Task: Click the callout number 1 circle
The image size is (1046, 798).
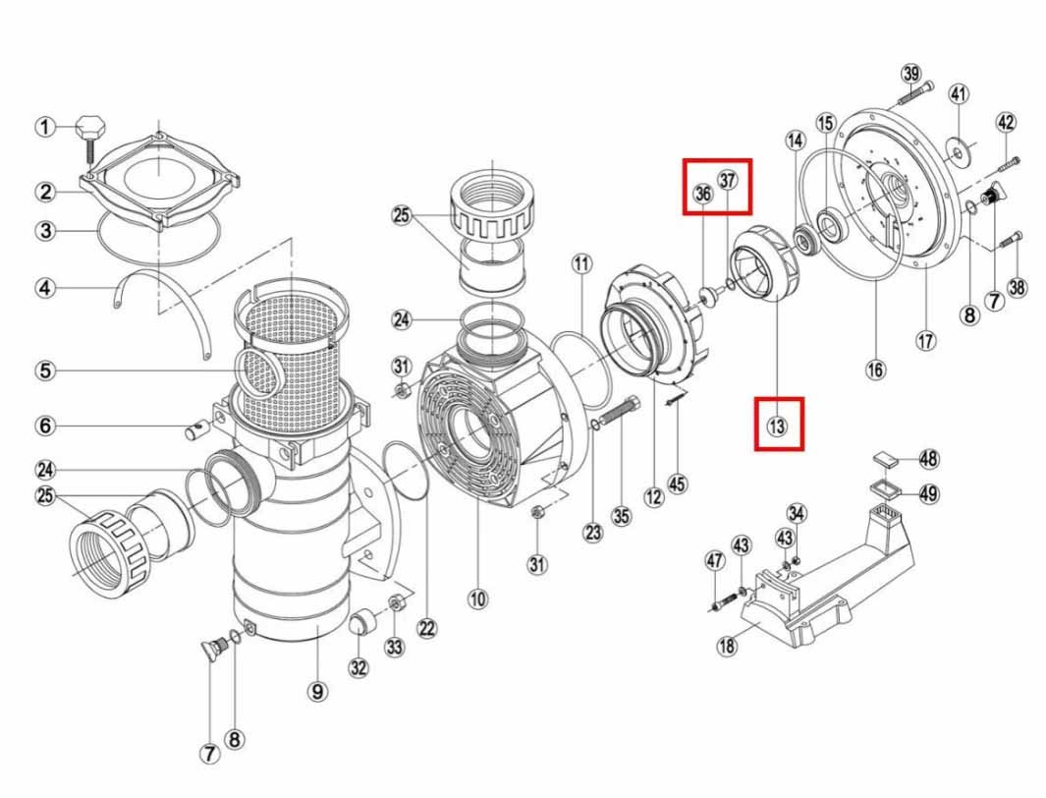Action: pyautogui.click(x=45, y=127)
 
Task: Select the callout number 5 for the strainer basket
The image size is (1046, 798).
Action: pyautogui.click(x=45, y=370)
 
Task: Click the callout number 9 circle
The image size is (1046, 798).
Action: pyautogui.click(x=317, y=691)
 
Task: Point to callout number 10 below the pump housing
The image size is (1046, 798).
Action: pyautogui.click(x=477, y=598)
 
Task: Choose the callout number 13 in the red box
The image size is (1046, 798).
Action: pyautogui.click(x=777, y=425)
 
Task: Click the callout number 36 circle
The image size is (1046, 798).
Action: pyautogui.click(x=703, y=194)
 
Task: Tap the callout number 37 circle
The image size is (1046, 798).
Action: pyautogui.click(x=727, y=180)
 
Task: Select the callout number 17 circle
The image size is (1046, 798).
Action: pyautogui.click(x=926, y=342)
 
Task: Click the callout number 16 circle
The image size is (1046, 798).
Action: pyautogui.click(x=875, y=369)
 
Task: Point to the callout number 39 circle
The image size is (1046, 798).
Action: pyautogui.click(x=911, y=74)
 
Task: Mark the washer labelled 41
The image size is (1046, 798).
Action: pyautogui.click(x=958, y=153)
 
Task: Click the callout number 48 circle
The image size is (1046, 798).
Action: pyautogui.click(x=928, y=458)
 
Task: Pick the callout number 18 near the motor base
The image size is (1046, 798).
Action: pyautogui.click(x=727, y=646)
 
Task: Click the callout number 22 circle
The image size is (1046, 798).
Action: pyautogui.click(x=427, y=628)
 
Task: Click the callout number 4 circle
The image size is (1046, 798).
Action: pyautogui.click(x=45, y=288)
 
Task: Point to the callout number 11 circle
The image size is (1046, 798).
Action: pyautogui.click(x=581, y=263)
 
